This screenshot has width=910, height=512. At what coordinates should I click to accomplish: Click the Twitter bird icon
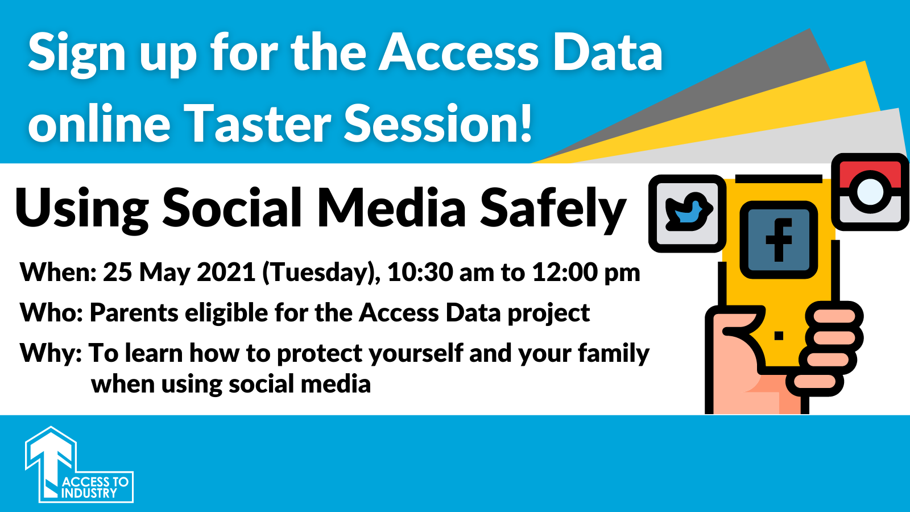tap(688, 213)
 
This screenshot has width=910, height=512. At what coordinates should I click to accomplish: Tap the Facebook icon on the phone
tap(779, 240)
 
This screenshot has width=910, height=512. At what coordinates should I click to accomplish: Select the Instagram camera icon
tap(870, 192)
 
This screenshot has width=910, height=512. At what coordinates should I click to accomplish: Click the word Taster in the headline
tap(259, 123)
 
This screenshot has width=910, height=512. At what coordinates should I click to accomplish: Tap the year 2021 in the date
tap(226, 272)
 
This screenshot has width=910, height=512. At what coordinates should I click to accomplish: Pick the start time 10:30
tap(420, 272)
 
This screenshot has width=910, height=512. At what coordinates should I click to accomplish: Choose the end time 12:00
tap(565, 272)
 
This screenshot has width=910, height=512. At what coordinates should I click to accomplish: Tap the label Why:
tap(51, 353)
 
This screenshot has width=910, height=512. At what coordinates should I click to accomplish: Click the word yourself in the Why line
tap(416, 353)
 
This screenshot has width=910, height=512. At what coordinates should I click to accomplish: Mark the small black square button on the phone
tap(779, 336)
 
